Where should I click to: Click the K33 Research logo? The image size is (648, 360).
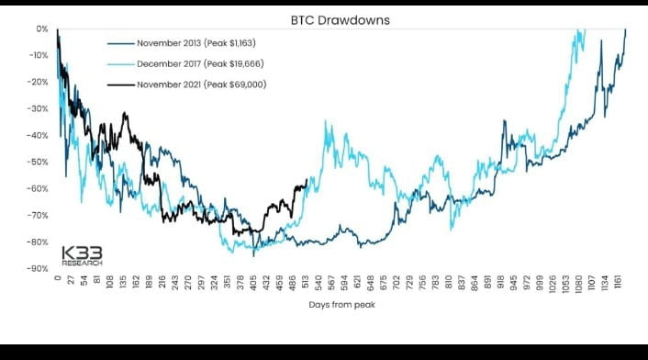point(82,255)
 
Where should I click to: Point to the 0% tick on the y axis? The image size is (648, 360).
point(43,28)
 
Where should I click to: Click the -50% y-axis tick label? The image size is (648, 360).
point(39,162)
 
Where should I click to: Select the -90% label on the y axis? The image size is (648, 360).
point(39,268)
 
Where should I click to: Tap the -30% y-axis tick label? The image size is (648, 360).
point(39,108)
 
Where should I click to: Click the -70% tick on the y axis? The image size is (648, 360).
point(39,215)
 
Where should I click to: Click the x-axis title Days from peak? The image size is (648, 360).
point(341,305)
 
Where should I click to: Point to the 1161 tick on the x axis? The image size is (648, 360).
point(620,284)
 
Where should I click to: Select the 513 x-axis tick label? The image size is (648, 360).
point(305,284)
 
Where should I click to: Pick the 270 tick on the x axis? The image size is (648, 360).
point(187,284)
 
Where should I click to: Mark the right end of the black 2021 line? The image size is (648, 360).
point(306,180)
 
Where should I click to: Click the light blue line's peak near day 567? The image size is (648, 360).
point(328,122)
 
